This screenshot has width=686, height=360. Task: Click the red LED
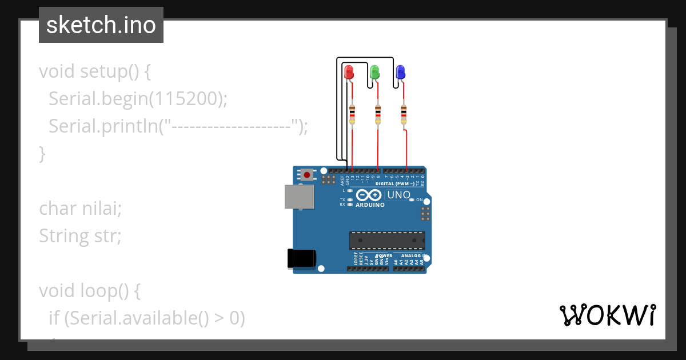349,73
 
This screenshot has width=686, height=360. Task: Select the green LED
375,72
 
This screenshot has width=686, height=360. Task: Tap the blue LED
400,72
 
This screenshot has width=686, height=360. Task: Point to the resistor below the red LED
352,114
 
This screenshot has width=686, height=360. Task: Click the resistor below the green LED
378,114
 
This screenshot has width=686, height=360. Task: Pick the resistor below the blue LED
404,114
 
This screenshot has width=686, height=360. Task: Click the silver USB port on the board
299,196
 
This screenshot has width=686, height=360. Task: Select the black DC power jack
301,258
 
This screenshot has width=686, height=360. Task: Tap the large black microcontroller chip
387,241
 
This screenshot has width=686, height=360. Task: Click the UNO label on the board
398,195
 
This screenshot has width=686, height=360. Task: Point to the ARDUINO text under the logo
370,205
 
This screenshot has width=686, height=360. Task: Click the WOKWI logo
607,315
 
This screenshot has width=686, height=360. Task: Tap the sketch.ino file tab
101,25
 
